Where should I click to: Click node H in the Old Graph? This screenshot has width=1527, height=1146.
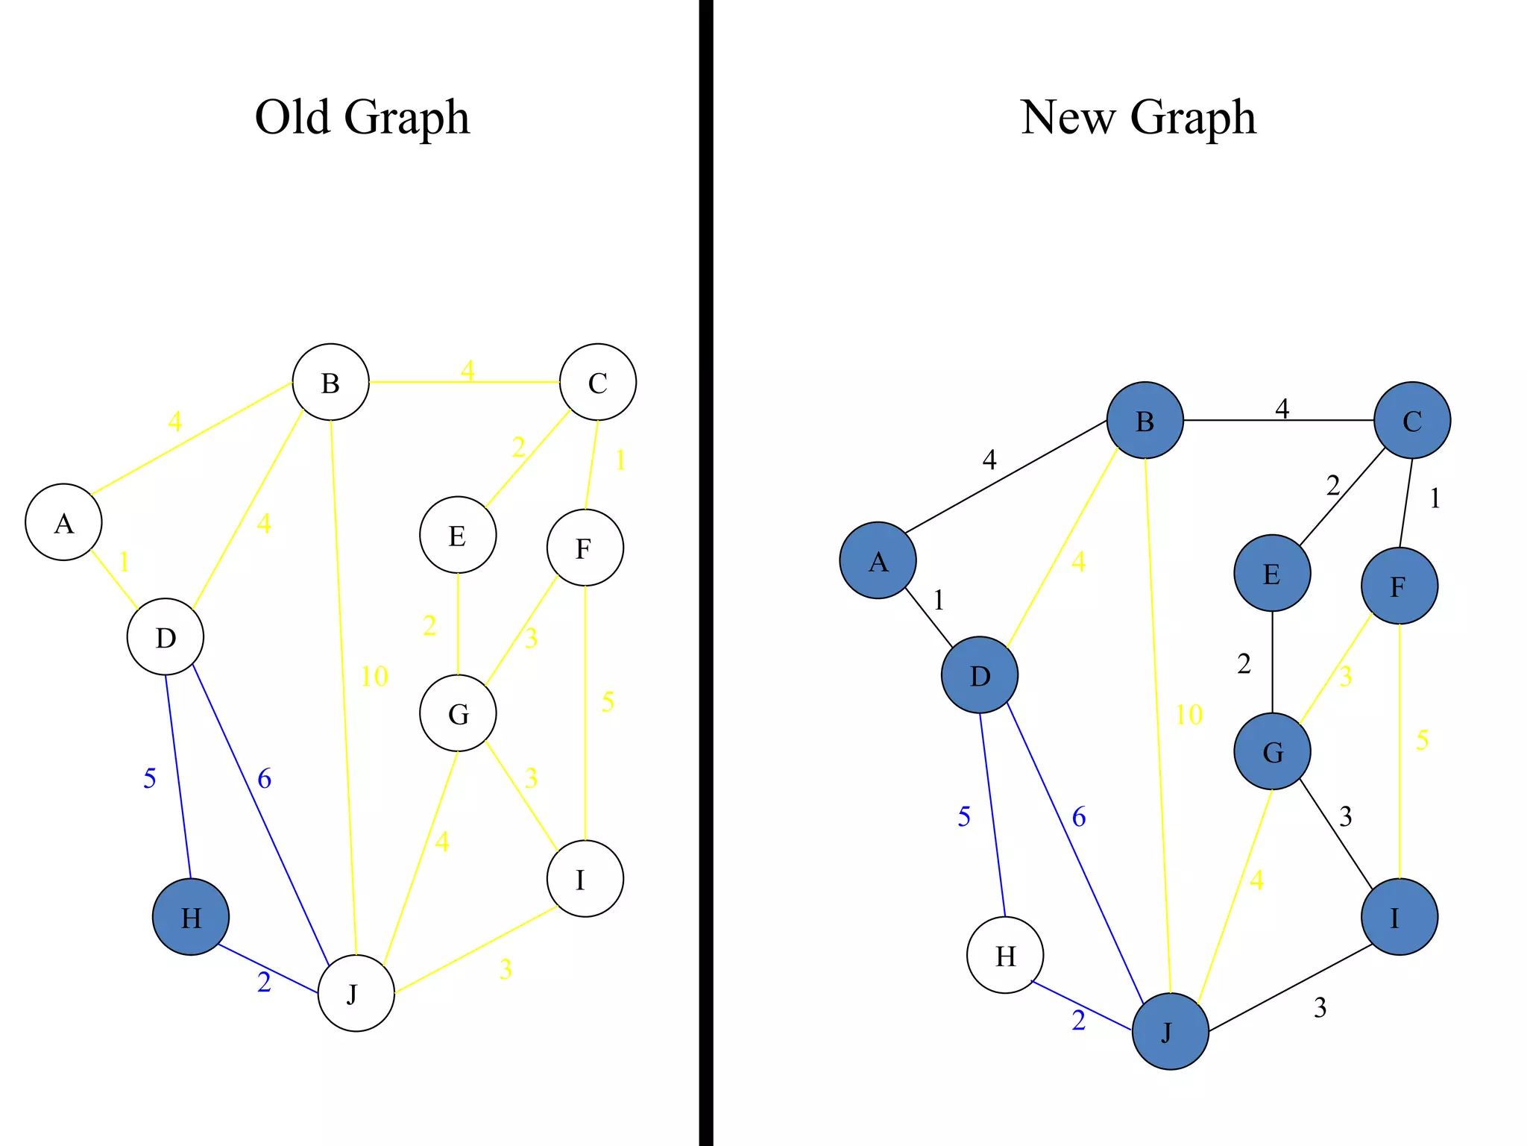[x=191, y=917]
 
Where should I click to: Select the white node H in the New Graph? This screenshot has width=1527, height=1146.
[x=1005, y=955]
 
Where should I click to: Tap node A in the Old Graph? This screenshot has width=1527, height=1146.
[x=63, y=522]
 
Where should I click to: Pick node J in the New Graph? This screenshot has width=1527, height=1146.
[x=1170, y=1031]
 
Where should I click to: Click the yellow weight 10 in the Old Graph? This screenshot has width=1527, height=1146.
[x=374, y=677]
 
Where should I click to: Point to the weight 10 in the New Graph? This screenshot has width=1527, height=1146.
[x=1188, y=715]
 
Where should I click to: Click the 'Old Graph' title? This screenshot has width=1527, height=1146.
[x=362, y=117]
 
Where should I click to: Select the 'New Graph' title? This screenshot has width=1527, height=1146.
[x=1138, y=117]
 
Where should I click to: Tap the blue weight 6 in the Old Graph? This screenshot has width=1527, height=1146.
[x=264, y=779]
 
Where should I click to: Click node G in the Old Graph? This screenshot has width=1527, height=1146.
[x=458, y=713]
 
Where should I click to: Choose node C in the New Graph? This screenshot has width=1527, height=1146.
[x=1412, y=420]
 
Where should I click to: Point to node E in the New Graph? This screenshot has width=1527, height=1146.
[x=1272, y=573]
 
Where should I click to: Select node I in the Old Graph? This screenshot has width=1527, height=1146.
[x=585, y=879]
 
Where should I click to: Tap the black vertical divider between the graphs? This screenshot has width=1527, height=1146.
[x=705, y=573]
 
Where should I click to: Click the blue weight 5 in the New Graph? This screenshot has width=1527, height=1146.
[x=963, y=817]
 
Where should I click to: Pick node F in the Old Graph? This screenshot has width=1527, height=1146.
[x=585, y=548]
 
